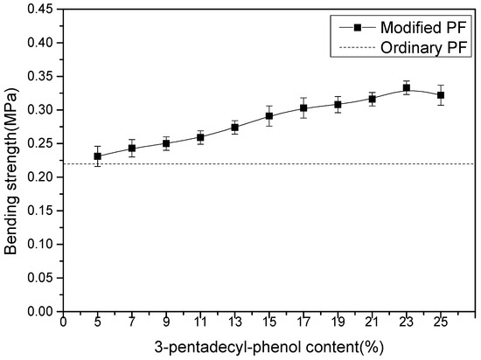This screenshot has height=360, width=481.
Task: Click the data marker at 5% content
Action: coord(98,156)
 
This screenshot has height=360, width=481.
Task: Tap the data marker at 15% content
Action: coord(269,116)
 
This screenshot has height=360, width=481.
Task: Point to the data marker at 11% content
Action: coord(200,137)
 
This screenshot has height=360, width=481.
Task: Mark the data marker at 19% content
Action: coord(338,105)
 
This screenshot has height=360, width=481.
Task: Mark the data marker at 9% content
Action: coord(166,143)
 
